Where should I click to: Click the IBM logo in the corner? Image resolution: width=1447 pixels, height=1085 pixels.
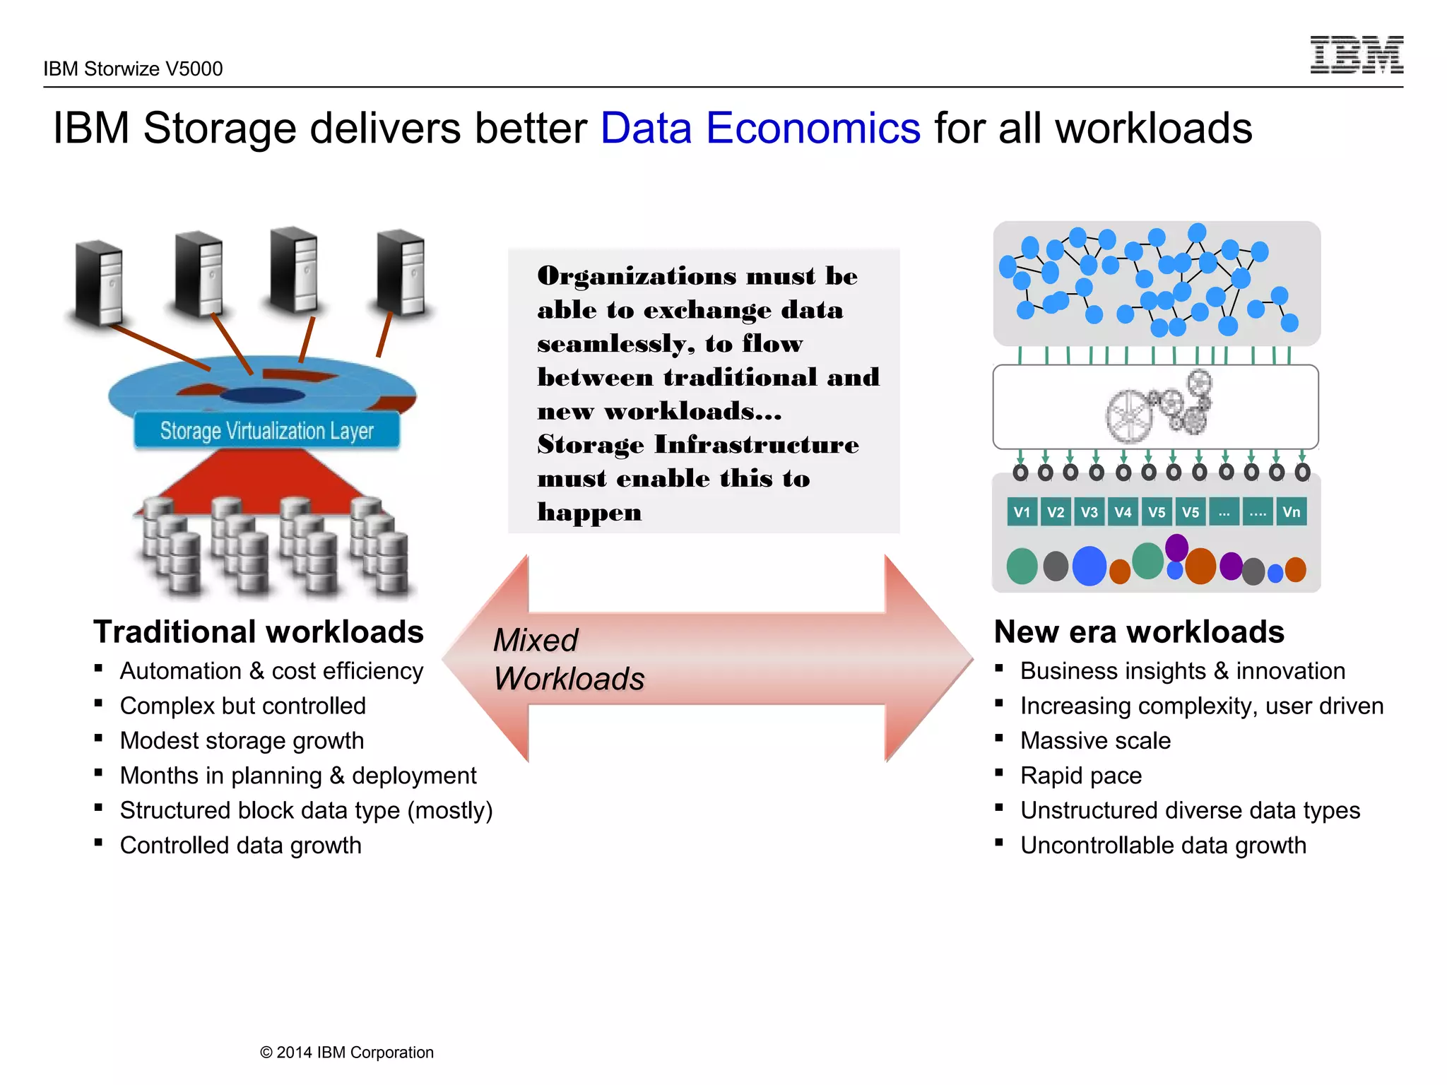click(1356, 55)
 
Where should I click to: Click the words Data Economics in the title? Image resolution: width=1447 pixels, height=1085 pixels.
click(760, 129)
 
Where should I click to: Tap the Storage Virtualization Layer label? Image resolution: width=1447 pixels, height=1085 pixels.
click(266, 430)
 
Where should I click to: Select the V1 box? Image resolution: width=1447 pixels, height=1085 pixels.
click(1022, 512)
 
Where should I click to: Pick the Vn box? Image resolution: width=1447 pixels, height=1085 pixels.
click(1291, 512)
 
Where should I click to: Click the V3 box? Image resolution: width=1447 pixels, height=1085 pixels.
click(1089, 512)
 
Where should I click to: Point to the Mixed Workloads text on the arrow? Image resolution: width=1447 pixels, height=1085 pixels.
click(567, 660)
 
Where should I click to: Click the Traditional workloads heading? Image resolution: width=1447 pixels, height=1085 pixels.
click(259, 632)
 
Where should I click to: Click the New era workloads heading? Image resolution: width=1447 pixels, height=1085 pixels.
click(1138, 632)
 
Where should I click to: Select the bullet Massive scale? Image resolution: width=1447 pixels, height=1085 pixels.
click(1095, 740)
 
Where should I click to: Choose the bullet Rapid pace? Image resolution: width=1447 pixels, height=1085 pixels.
click(1080, 776)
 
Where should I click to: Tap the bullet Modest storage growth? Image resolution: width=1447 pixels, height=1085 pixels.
click(242, 740)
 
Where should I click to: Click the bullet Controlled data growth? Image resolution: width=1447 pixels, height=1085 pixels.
click(240, 846)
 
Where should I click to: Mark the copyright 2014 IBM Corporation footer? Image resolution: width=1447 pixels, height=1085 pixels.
click(346, 1053)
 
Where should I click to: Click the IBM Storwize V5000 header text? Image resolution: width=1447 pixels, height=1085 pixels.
click(133, 69)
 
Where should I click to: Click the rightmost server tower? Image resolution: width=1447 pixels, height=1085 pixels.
click(401, 272)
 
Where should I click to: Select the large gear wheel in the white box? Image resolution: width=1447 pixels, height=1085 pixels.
click(1129, 415)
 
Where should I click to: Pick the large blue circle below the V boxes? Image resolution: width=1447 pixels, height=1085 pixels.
click(1089, 566)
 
